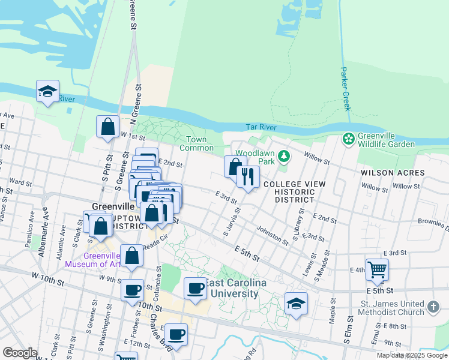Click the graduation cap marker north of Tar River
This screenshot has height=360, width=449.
[x=47, y=92]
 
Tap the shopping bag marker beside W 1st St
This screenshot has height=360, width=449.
[x=108, y=127]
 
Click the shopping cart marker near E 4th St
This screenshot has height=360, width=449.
[x=377, y=269]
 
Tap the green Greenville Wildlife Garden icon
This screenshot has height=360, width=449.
[x=348, y=139]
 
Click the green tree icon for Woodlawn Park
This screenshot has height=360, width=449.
[x=284, y=157]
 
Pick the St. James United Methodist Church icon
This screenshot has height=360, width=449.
[x=434, y=308]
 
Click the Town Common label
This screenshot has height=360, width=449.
[x=196, y=144]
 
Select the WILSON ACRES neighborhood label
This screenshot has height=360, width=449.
[x=393, y=173]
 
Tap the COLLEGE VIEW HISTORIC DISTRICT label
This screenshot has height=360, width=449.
[x=294, y=191]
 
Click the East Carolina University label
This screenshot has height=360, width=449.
[x=233, y=289]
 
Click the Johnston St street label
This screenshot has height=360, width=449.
[x=273, y=235]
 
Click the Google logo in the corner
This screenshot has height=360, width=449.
[x=20, y=353]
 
